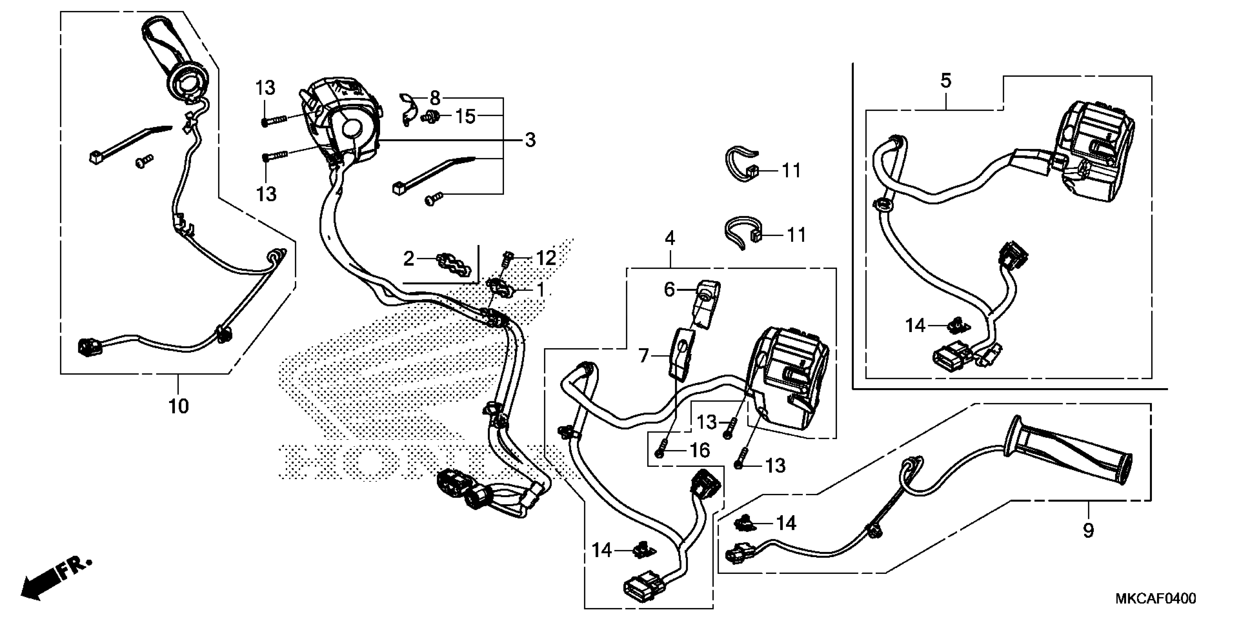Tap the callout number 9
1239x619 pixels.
click(x=1088, y=530)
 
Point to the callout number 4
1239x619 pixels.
click(x=670, y=238)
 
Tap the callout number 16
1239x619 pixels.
click(x=699, y=450)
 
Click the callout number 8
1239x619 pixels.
click(x=435, y=99)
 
